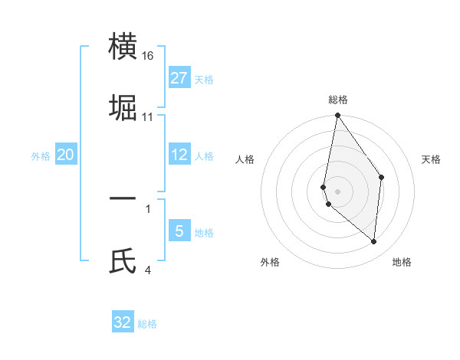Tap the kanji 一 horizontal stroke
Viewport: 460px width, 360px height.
pos(123,198)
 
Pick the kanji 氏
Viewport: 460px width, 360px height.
pos(123,260)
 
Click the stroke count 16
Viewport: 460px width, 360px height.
pos(149,56)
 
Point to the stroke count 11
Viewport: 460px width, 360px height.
pos(148,117)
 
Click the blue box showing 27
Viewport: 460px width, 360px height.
pos(179,78)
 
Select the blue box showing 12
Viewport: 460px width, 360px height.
pos(179,155)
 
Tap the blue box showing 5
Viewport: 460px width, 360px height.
pos(179,231)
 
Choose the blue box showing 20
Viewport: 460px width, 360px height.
pos(66,155)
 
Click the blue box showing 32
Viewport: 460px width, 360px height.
pos(123,322)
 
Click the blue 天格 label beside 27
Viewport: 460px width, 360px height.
pos(204,79)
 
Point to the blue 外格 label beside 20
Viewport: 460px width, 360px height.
pos(41,155)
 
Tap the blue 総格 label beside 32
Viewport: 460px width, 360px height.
pos(147,323)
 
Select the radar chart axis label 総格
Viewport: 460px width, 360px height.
pos(338,100)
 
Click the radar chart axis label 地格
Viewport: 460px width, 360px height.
pos(402,262)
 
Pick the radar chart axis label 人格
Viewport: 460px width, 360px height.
pos(245,159)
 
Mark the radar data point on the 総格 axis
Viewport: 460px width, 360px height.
pos(337,116)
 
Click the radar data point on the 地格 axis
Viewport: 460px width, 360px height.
pos(373,241)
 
